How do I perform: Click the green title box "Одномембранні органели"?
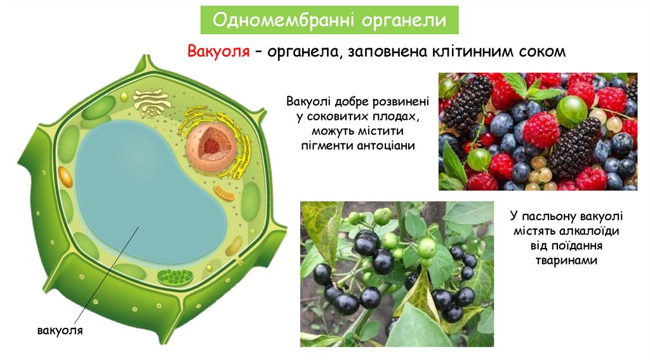pos(329,20)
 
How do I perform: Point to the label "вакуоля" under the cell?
pos(61,332)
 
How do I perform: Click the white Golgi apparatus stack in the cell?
pos(151,101)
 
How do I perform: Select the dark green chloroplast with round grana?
pos(174,276)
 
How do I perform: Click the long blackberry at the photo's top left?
pos(468,101)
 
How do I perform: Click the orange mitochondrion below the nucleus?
pos(223,193)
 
